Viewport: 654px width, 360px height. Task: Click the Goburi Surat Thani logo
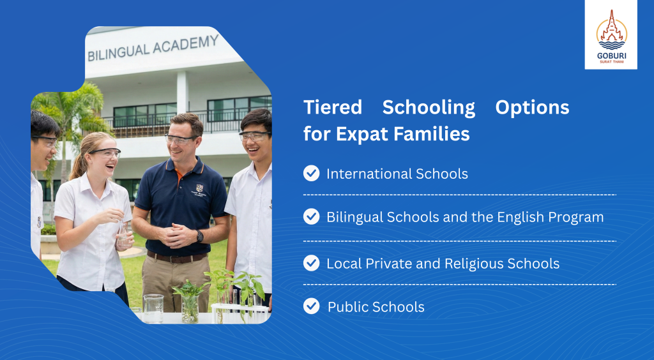(611, 35)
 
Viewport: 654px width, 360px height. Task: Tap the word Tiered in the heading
(332, 107)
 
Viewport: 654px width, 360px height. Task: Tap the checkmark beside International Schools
(311, 174)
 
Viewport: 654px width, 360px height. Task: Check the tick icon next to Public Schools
(311, 306)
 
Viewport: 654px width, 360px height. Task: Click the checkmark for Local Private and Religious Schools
(311, 263)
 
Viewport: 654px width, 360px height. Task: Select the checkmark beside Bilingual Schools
(311, 216)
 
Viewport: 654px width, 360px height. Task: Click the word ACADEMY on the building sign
(186, 45)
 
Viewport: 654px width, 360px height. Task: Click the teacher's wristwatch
(200, 236)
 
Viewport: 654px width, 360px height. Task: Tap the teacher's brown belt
(177, 257)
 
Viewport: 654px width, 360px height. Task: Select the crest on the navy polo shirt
(200, 188)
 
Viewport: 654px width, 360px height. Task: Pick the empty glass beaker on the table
(153, 308)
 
